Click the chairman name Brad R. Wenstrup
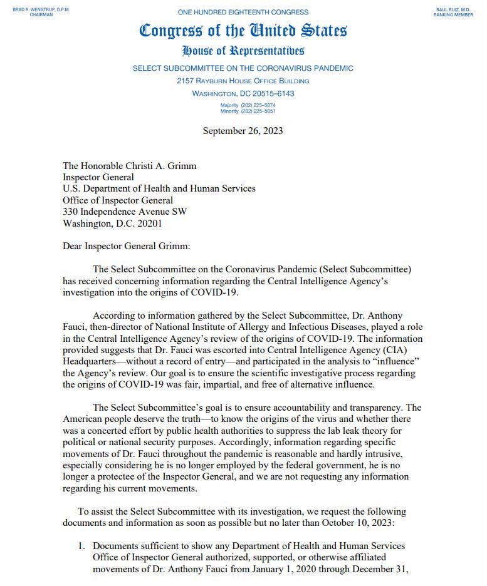point(33,9)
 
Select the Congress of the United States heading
point(243,30)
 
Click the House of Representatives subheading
point(243,51)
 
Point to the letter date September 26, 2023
point(243,130)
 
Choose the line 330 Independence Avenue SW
point(125,211)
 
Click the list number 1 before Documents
point(81,546)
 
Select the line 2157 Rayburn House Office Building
point(243,81)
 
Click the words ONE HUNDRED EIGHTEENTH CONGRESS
point(243,12)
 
